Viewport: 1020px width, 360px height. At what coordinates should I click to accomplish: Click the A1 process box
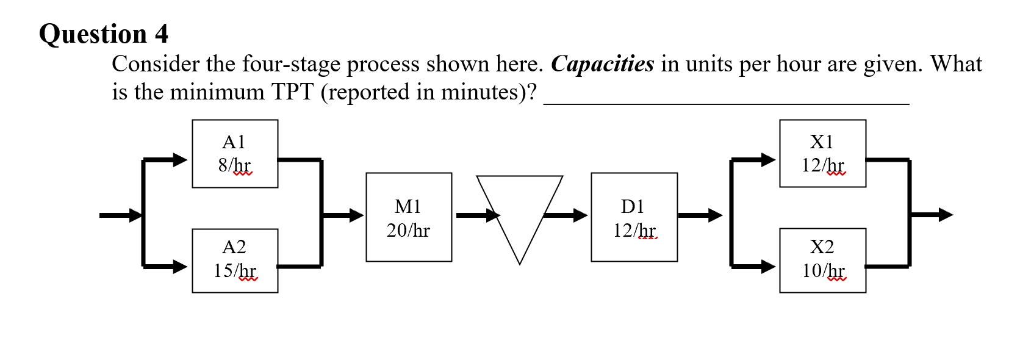tap(235, 153)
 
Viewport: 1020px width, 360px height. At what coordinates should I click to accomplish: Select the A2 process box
tap(235, 261)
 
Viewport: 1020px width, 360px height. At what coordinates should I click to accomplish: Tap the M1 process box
tap(409, 217)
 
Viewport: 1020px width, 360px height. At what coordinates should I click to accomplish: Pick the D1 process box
tap(634, 217)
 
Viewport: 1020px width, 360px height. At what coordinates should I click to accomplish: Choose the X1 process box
tap(822, 153)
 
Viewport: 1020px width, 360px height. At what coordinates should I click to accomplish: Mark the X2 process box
tap(822, 261)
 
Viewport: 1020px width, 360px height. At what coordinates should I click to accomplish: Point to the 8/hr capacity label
tap(234, 165)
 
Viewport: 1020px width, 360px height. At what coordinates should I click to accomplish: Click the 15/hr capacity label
tap(235, 270)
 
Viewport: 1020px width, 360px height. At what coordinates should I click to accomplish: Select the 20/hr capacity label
tap(408, 230)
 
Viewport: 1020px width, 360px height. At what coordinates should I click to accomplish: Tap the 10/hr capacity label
tap(823, 270)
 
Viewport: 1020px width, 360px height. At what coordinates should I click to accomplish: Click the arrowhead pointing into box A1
tap(180, 160)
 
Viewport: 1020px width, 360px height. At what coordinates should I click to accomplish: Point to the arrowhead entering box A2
tap(180, 267)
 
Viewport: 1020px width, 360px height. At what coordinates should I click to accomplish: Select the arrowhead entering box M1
tap(356, 215)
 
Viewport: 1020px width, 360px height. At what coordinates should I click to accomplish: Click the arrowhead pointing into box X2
tap(768, 267)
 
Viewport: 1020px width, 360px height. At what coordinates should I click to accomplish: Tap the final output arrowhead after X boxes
tap(946, 215)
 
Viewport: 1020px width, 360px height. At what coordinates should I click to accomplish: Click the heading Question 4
tap(104, 34)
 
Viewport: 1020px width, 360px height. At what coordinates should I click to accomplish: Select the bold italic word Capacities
tap(602, 64)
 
